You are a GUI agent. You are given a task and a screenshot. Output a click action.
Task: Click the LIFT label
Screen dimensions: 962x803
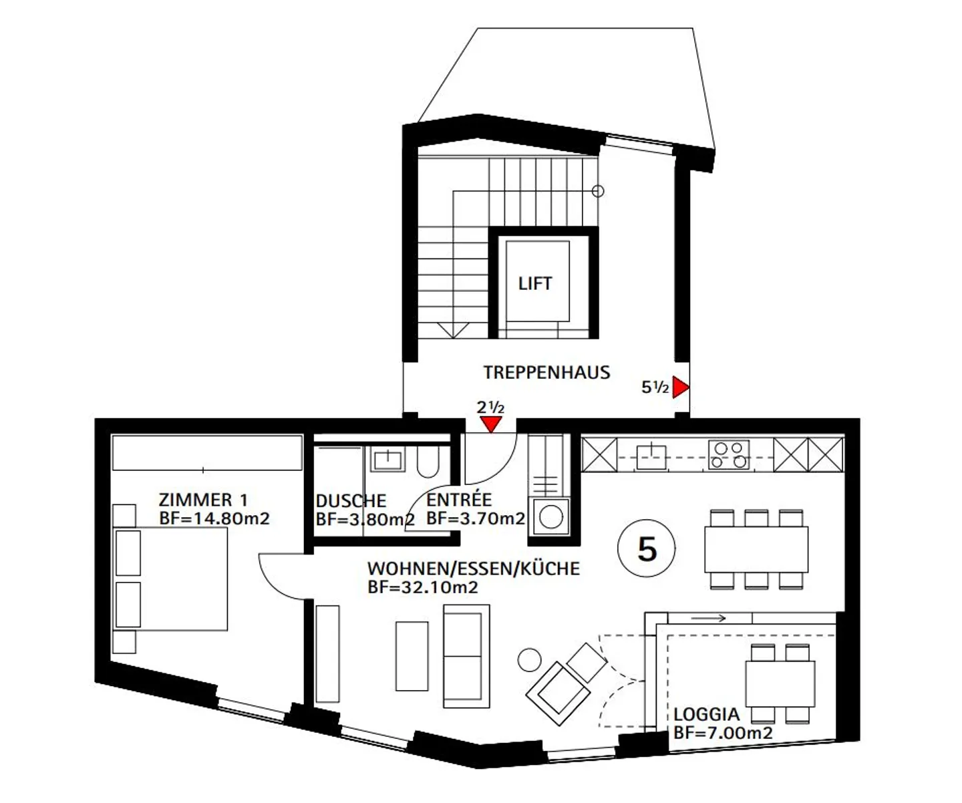point(535,283)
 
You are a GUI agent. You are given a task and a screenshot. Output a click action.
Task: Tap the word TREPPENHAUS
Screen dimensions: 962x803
point(547,372)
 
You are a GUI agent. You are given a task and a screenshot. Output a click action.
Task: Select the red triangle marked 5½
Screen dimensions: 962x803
point(681,387)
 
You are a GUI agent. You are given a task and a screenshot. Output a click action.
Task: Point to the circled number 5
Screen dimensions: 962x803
point(647,548)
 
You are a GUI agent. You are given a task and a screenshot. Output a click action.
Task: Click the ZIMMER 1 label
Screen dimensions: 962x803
point(203,500)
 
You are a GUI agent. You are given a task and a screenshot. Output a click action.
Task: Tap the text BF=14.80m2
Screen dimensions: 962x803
point(214,519)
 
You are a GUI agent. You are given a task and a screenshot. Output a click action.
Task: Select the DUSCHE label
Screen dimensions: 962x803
point(351,501)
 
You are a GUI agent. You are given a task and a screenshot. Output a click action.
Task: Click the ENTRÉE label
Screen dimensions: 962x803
point(459,499)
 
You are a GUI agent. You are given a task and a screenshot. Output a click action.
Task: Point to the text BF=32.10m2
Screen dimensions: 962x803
point(423,587)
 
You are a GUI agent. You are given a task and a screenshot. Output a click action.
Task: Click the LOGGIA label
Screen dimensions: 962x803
point(707,715)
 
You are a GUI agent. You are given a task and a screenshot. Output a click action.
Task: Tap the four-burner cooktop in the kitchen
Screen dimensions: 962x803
point(729,455)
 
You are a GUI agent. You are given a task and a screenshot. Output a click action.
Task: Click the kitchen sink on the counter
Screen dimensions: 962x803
point(651,457)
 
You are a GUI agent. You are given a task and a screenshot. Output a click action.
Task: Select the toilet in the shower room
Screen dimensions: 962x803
point(428,461)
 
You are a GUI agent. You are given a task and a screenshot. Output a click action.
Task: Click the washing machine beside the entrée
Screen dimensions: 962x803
point(551,516)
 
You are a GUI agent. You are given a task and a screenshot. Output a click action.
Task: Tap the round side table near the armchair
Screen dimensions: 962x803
point(529,660)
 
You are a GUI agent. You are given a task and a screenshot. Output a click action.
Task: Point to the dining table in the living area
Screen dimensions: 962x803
point(756,550)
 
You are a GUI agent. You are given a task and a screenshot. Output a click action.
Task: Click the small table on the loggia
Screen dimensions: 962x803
point(780,684)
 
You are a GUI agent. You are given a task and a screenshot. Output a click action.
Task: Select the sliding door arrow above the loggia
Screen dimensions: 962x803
point(709,618)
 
